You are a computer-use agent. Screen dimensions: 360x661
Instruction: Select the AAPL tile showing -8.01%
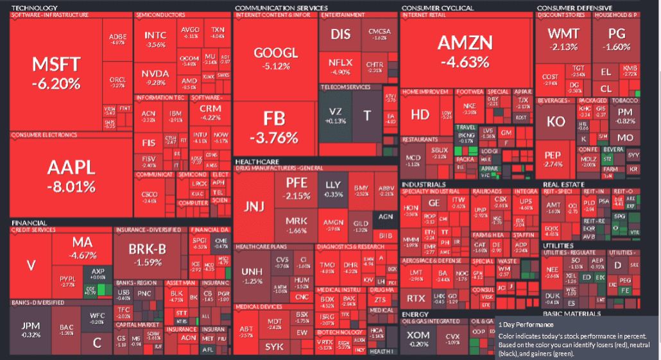click(x=71, y=175)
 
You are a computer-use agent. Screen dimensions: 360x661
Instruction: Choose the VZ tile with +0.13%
click(x=334, y=116)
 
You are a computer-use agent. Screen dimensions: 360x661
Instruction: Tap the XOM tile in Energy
click(x=418, y=338)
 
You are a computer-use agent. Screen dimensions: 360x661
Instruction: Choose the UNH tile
click(x=251, y=274)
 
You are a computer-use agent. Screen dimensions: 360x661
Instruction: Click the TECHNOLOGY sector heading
click(x=31, y=8)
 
